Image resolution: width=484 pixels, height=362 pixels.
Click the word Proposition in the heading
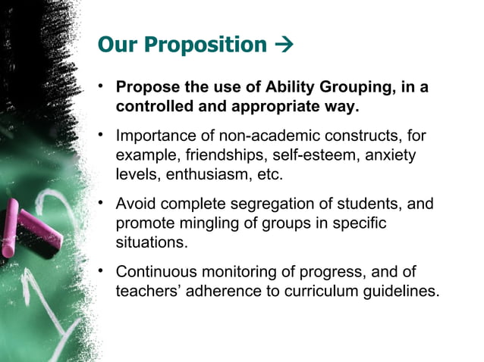coord(204,45)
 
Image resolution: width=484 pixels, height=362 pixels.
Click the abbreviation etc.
coord(270,175)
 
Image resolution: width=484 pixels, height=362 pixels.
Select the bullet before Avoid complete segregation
coord(102,204)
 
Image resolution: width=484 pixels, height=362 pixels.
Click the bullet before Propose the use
coord(102,87)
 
